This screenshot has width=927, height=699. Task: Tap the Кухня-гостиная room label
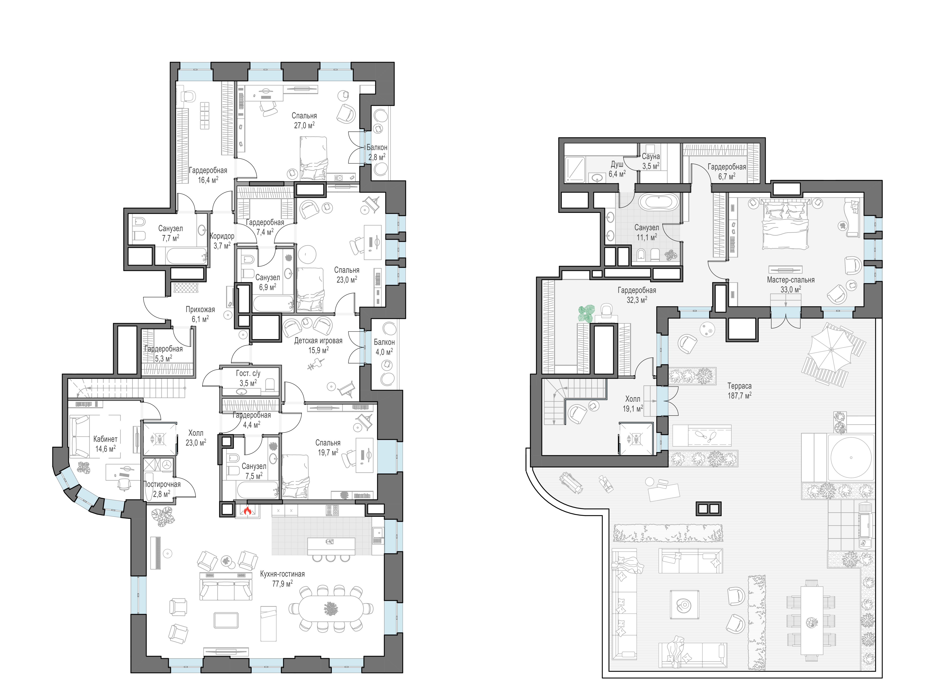pos(283,574)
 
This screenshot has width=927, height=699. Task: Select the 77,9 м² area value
pos(283,583)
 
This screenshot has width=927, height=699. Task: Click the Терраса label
pos(739,386)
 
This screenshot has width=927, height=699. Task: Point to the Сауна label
pos(651,156)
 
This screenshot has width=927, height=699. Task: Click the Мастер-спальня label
pos(791,279)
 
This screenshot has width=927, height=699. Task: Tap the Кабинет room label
pos(105,439)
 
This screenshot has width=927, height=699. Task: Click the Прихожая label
pos(200,309)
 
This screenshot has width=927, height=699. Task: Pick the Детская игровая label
pos(318,341)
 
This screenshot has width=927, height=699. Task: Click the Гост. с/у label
pos(248,373)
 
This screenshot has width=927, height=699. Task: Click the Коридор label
pos(222,236)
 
